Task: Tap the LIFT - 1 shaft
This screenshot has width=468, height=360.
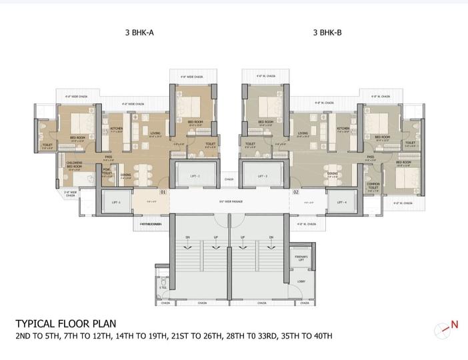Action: click(115, 201)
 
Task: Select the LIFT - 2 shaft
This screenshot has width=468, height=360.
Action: click(193, 175)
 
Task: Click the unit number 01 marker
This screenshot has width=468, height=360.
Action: click(163, 192)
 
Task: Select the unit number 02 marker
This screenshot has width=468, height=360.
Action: click(295, 192)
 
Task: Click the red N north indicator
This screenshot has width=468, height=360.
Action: click(455, 325)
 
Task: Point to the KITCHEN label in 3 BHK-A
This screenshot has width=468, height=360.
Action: click(116, 129)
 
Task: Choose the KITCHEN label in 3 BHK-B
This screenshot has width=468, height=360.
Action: click(343, 129)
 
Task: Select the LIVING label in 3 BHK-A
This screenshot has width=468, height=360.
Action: click(155, 133)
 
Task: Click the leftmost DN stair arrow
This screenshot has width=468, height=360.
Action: click(189, 237)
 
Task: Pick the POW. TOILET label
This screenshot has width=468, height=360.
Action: click(107, 171)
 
